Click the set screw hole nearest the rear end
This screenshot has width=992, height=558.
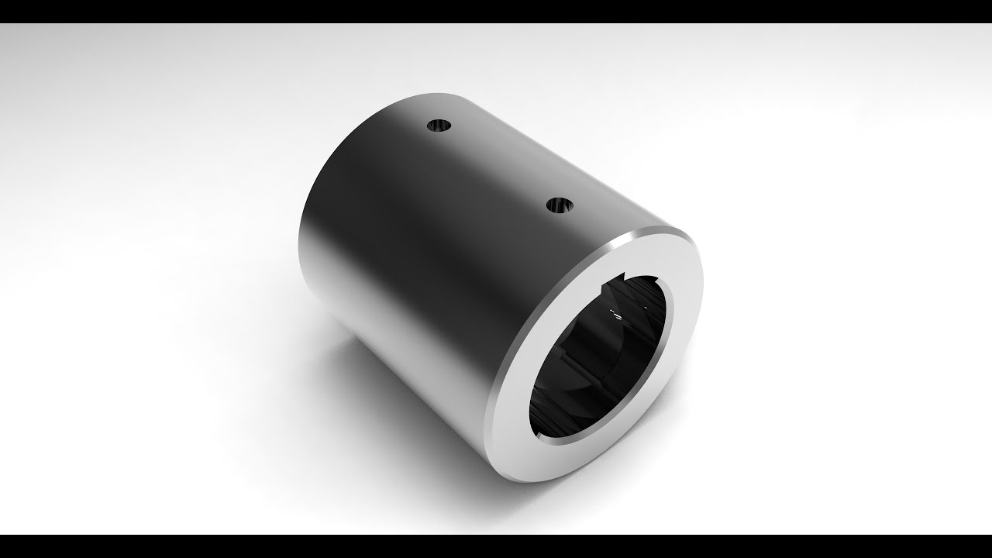point(439,125)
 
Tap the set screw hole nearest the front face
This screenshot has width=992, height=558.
point(559,206)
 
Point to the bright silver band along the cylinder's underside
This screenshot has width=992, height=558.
point(403,364)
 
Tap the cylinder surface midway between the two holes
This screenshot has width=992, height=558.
point(499,166)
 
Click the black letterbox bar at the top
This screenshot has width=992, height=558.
point(496,11)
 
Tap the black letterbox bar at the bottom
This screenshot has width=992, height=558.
point(496,546)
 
